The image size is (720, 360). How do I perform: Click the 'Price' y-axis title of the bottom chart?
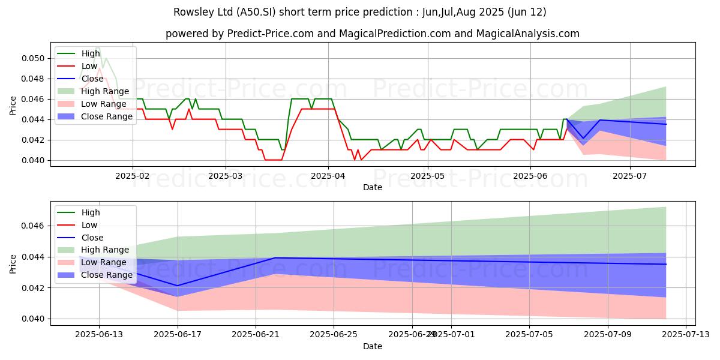[13, 263]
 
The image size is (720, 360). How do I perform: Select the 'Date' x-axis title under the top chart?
[373, 187]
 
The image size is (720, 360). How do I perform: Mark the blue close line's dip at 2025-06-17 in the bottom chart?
[178, 286]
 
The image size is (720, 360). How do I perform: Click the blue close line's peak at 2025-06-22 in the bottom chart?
[275, 258]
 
